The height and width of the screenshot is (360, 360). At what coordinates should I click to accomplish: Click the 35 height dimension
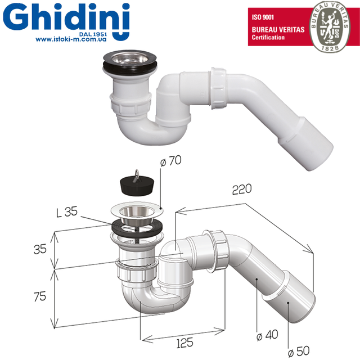[x=39, y=248]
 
